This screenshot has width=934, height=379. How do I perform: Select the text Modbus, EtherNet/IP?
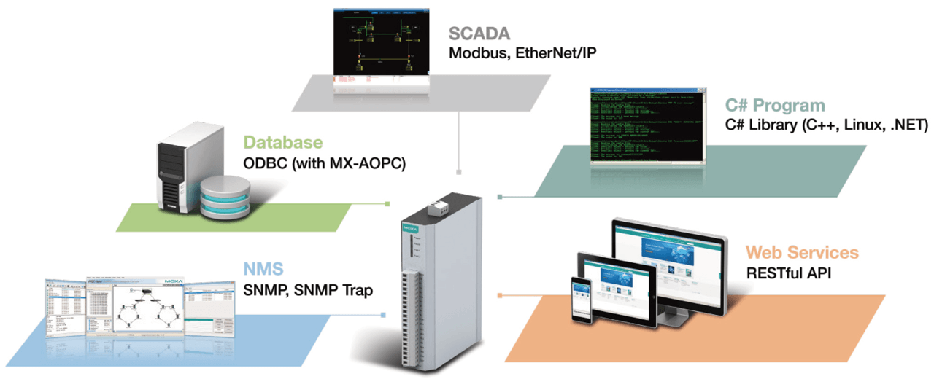[x=522, y=53]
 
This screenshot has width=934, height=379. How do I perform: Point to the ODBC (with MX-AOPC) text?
[x=324, y=164]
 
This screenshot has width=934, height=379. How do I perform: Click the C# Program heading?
[x=775, y=106]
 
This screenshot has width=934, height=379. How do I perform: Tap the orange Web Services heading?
[x=802, y=253]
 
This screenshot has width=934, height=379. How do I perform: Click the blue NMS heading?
[x=263, y=269]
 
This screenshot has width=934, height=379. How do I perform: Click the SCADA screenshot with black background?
[x=380, y=42]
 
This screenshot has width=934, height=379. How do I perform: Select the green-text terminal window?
[x=647, y=125]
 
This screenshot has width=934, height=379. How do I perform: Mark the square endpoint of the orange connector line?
[x=500, y=295]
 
